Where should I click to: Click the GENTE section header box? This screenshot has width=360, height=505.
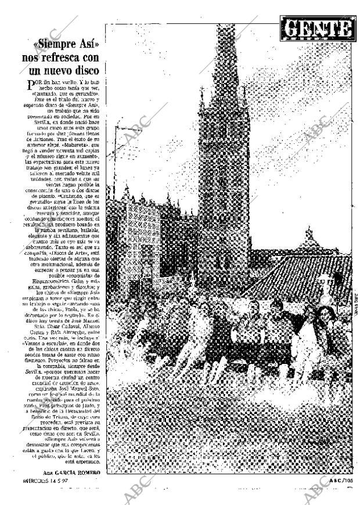pyautogui.click(x=318, y=29)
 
